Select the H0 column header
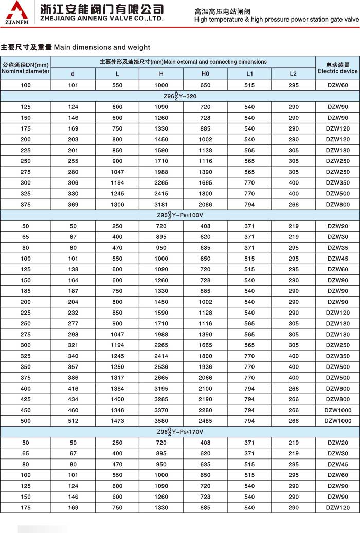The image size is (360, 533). click(205, 73)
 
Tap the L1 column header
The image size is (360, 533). click(249, 73)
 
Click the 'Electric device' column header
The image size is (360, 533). click(337, 68)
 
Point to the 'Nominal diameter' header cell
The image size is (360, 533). click(26, 68)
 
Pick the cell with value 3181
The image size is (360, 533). click(161, 205)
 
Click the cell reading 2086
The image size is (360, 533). click(205, 205)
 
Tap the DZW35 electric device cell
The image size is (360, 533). click(337, 248)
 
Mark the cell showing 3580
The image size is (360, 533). click(161, 410)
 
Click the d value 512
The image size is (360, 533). click(73, 421)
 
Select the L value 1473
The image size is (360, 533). click(117, 421)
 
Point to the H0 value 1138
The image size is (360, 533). click(205, 151)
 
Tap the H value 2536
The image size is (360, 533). click(161, 367)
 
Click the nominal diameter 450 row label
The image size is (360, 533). click(25, 410)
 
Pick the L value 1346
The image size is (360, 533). click(117, 410)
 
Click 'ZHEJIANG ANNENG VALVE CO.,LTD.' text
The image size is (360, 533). click(98, 19)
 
